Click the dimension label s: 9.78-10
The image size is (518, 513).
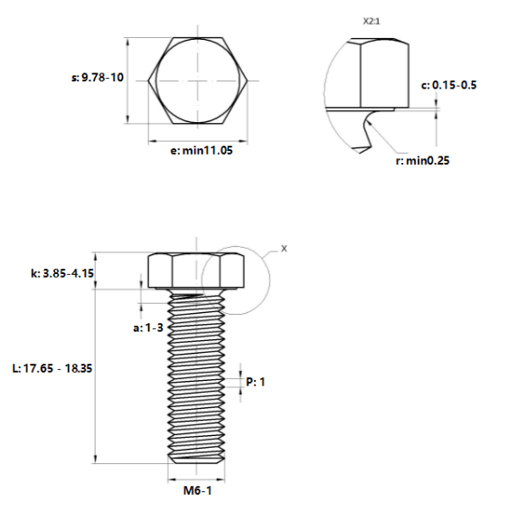tap(98, 78)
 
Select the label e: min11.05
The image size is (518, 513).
tap(202, 151)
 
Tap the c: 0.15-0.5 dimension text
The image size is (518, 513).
tap(448, 85)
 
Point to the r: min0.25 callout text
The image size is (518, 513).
tap(422, 161)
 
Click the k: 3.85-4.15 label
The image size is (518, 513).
tap(62, 273)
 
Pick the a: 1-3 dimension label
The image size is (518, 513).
tap(148, 328)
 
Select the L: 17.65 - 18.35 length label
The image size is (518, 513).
tap(52, 368)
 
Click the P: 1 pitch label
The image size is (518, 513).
tap(255, 382)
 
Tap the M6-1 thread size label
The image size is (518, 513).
tap(198, 490)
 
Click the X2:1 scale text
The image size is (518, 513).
tap(372, 21)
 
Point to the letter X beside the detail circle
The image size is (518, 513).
tap(284, 249)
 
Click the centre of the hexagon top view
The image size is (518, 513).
tap(198, 81)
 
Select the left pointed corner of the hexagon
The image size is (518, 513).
tap(148, 81)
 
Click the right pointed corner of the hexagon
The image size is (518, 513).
tap(248, 81)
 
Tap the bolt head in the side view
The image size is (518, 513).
tap(196, 271)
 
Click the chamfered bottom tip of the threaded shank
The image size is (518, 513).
tap(196, 461)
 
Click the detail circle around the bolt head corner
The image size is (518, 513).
tap(270, 280)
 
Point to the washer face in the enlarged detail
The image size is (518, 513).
tap(360, 109)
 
